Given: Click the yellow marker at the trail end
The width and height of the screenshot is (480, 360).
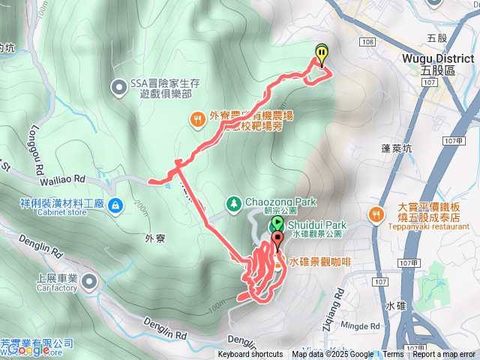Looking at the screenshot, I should pyautogui.click(x=322, y=53).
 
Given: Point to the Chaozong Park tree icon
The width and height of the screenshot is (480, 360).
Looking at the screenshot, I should pyautogui.click(x=234, y=203).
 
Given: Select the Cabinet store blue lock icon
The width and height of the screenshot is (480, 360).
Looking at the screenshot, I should pyautogui.click(x=114, y=205).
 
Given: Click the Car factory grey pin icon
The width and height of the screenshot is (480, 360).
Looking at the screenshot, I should pyautogui.click(x=89, y=282).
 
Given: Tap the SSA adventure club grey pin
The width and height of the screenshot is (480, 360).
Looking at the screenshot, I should pyautogui.click(x=118, y=88).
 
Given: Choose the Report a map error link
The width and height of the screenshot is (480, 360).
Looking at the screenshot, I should pyautogui.click(x=444, y=355).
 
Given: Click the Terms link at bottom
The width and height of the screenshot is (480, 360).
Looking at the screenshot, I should pyautogui.click(x=394, y=355).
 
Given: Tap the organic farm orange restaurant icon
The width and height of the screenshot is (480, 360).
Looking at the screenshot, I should pyautogui.click(x=196, y=117).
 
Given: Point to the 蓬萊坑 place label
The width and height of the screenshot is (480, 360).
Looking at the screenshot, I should pyautogui.click(x=386, y=148).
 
